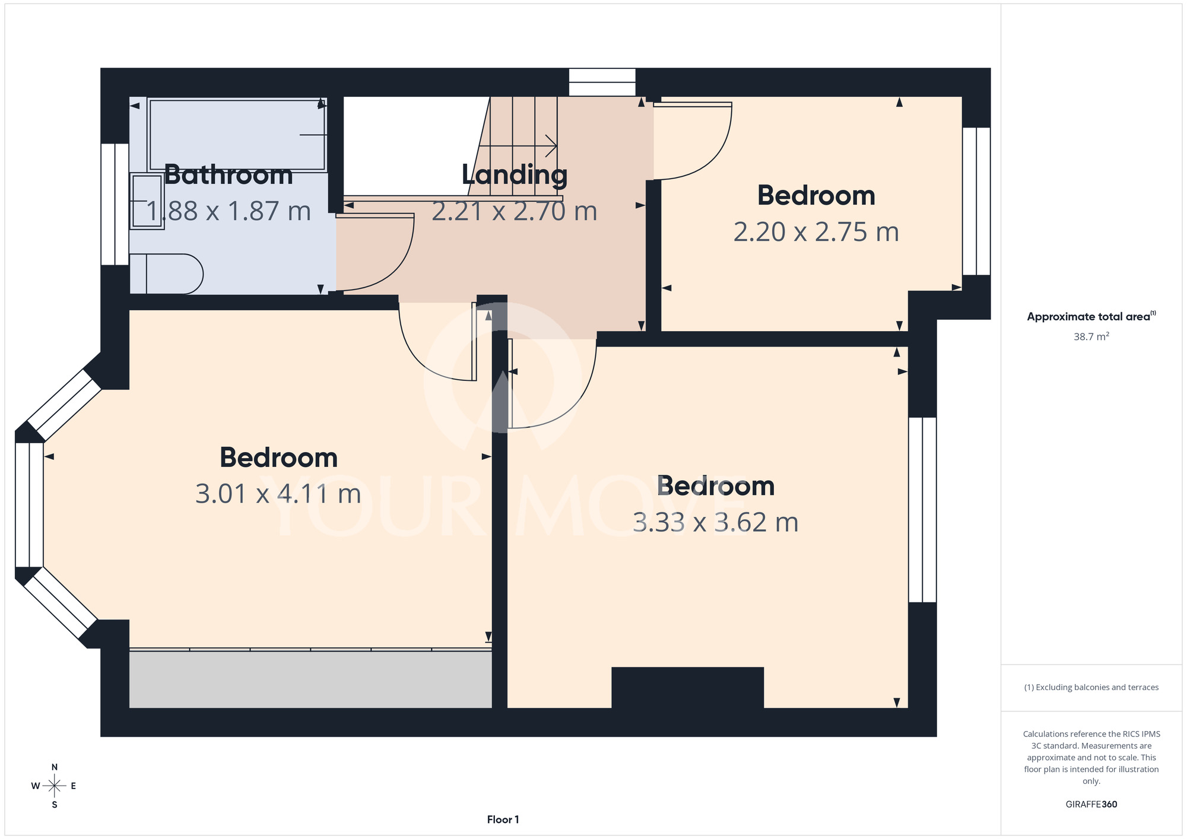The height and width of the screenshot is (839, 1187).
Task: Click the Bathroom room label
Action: tap(228, 175)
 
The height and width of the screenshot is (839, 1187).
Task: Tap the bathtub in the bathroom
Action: tap(237, 135)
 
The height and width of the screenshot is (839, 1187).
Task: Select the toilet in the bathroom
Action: tap(166, 274)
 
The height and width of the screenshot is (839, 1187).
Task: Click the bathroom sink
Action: tap(147, 201)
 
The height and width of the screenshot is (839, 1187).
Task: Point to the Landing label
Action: tap(515, 175)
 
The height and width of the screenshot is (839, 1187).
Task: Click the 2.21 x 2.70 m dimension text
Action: tap(514, 211)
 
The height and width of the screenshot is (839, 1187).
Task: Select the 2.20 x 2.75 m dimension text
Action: tap(816, 232)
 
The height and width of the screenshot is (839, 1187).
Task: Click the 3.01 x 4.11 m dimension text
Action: tap(278, 494)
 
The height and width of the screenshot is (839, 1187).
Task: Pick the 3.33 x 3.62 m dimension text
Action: tap(715, 522)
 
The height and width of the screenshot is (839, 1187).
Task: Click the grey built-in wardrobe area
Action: tap(310, 679)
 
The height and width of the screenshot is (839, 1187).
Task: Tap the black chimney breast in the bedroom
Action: tap(687, 688)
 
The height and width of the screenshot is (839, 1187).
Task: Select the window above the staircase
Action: tap(602, 82)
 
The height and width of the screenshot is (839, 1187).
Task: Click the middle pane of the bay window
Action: tap(29, 505)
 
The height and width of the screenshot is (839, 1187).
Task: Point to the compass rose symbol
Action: tap(55, 786)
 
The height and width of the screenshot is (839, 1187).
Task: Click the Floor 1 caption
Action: tap(503, 819)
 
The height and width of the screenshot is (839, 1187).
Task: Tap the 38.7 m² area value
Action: tap(1091, 336)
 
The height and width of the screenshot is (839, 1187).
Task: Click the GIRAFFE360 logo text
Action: tap(1091, 805)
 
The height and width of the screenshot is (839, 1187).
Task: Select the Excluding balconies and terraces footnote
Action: tap(1091, 687)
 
